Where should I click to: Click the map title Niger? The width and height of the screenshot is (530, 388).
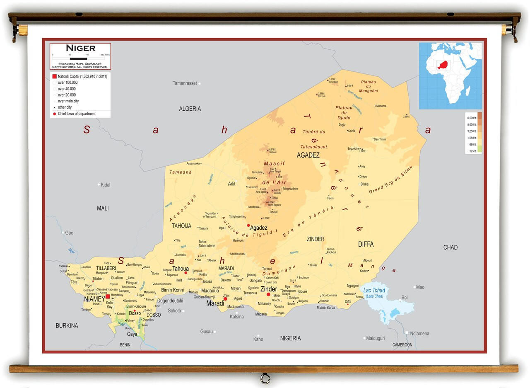click(x=80, y=48)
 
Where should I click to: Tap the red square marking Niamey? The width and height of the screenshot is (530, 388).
click(x=108, y=297)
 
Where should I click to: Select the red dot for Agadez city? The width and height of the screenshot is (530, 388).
click(x=248, y=226)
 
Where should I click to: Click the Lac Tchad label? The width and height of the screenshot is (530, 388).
click(x=374, y=291)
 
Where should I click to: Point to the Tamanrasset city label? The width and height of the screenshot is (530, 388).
click(x=185, y=83)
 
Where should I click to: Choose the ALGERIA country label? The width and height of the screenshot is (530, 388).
click(x=190, y=109)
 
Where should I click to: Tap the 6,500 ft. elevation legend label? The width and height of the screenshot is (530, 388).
click(x=472, y=118)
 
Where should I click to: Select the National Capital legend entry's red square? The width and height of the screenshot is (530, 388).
click(x=54, y=76)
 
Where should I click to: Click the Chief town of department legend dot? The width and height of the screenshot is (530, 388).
click(x=54, y=114)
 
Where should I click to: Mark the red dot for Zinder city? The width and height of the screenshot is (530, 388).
click(x=268, y=294)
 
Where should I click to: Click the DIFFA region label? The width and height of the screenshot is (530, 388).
click(x=366, y=244)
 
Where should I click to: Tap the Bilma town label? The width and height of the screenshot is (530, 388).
click(x=364, y=184)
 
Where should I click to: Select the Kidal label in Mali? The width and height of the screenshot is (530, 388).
click(x=106, y=184)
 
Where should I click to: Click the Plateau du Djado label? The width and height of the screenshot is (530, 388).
click(x=344, y=113)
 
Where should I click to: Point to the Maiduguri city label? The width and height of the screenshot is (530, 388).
click(x=376, y=338)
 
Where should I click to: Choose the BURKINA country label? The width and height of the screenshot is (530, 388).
click(x=67, y=325)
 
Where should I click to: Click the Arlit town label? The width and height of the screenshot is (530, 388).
click(x=231, y=184)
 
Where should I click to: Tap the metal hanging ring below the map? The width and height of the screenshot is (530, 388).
click(x=265, y=378)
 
